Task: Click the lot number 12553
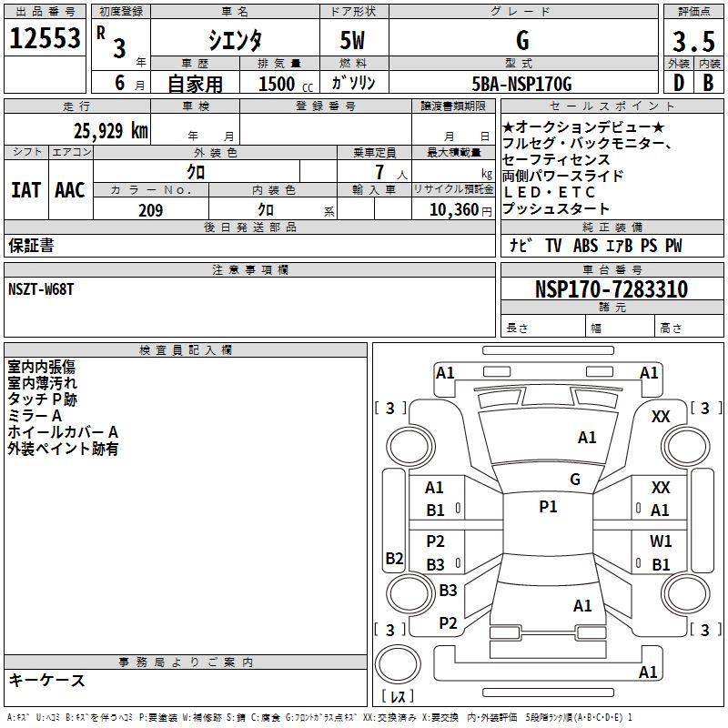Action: point(45,38)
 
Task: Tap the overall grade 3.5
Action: point(693,41)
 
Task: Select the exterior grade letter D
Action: point(679,83)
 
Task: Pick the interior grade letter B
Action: point(708,83)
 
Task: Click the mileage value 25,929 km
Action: point(110,131)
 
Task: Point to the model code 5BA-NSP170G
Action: point(521,84)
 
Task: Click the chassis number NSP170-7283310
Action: point(612,288)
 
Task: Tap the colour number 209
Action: point(150,210)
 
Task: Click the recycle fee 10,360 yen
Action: point(460,210)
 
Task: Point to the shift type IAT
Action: point(25,190)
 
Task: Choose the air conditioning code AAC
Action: point(70,190)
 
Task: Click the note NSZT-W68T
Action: point(41,289)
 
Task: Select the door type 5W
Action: point(352,40)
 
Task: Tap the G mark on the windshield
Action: point(575,479)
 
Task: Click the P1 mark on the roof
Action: point(548,507)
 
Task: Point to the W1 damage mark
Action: point(661,541)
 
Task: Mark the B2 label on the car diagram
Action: point(394,558)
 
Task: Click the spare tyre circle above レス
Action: point(398,664)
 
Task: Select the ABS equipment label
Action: point(585,246)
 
